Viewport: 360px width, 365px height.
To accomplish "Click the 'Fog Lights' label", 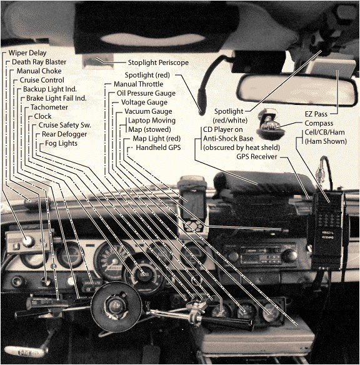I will pyautogui.click(x=61, y=143).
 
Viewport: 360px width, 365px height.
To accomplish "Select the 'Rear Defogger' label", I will pyautogui.click(x=65, y=134).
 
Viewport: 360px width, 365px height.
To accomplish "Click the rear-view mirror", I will pyautogui.click(x=300, y=90).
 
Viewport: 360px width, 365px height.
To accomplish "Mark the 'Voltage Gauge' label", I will pyautogui.click(x=144, y=102).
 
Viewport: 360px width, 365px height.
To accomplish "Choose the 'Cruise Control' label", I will pyautogui.click(x=42, y=81).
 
